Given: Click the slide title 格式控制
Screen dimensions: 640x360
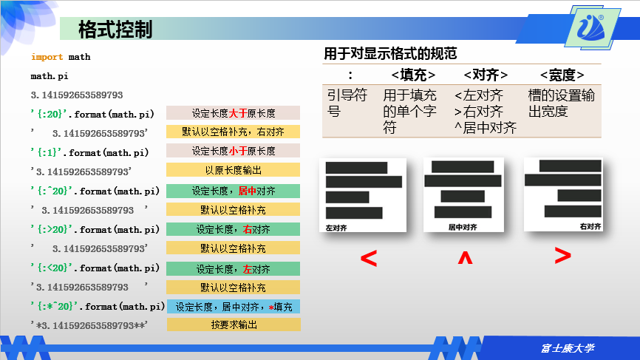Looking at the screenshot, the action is click(x=115, y=30).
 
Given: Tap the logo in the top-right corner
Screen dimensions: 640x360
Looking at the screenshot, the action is click(x=595, y=28).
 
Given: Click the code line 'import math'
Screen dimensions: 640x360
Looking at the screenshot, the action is click(x=61, y=57).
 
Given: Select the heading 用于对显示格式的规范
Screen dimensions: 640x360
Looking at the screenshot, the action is click(x=390, y=53).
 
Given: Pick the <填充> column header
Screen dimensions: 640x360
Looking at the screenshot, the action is click(x=413, y=75).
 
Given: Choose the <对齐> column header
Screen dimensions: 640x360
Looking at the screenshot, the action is click(x=486, y=75).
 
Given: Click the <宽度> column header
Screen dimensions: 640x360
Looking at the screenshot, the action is click(x=562, y=75).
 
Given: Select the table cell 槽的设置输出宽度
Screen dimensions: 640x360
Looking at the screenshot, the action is click(x=562, y=103).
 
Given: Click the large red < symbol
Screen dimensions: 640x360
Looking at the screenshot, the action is click(x=368, y=258).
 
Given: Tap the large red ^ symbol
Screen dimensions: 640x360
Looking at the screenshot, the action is click(x=464, y=258).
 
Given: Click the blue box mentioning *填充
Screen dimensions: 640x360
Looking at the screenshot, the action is click(x=234, y=307).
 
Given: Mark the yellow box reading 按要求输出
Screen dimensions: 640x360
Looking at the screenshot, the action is click(x=234, y=325).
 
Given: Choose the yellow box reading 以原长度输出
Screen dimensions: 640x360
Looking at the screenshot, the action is click(x=234, y=170).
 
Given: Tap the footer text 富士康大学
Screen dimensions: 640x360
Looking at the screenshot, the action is click(x=568, y=347).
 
